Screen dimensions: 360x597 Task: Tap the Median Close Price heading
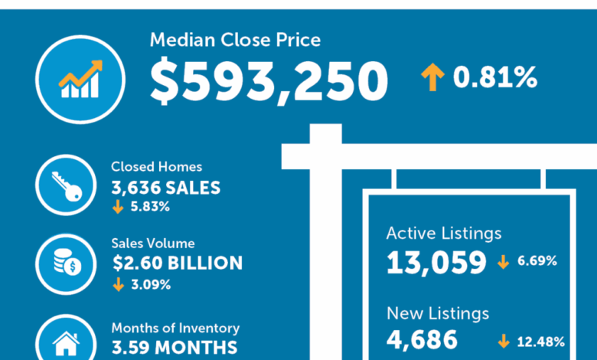pos(235,40)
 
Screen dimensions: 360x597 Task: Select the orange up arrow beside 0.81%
pos(432,77)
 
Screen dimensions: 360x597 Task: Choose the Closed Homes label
pos(156,166)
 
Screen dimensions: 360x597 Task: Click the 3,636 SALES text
pos(166,187)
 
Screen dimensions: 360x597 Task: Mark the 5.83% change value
pos(148,206)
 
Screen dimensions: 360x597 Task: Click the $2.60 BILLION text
pos(177,263)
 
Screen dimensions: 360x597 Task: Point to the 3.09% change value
pos(148,284)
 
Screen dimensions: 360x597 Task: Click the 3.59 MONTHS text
pos(175,347)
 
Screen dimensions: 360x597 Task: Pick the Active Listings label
pos(444,233)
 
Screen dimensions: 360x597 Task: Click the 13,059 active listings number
pos(436,263)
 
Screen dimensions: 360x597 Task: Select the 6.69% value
pos(536,262)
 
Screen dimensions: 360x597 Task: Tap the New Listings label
pos(438,313)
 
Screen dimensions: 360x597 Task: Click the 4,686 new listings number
pos(422,340)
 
